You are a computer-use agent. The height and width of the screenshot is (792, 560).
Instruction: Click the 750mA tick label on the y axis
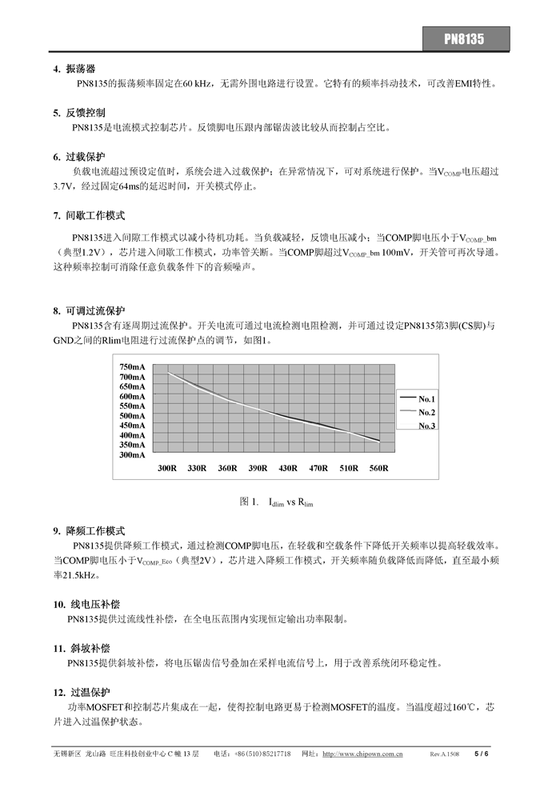coord(133,366)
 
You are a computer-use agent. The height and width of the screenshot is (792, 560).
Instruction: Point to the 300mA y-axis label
coord(133,454)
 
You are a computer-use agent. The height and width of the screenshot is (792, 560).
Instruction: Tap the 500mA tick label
coord(133,415)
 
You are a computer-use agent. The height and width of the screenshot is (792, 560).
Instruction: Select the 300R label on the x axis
coord(167,468)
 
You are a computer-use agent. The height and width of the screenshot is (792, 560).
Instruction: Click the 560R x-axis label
coord(379,468)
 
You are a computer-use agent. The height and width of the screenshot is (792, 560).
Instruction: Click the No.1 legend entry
coord(426,398)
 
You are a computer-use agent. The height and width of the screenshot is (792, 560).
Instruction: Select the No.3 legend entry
coord(426,426)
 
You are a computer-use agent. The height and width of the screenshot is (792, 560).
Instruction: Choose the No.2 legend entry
coord(426,412)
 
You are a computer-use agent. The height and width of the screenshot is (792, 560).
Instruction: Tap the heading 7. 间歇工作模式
coord(89,216)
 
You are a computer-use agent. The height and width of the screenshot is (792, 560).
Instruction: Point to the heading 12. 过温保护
coord(83,692)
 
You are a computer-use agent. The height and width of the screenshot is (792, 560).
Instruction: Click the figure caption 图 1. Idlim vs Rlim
coord(276,502)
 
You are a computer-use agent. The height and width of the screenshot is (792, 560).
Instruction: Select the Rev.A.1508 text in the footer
coord(445,754)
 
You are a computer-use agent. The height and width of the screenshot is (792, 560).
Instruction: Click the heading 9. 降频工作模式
coord(89,530)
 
